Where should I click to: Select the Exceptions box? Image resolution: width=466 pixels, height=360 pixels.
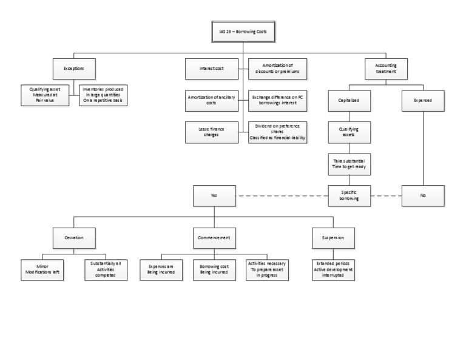pyautogui.click(x=73, y=69)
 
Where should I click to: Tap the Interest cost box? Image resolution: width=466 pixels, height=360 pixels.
pyautogui.click(x=212, y=69)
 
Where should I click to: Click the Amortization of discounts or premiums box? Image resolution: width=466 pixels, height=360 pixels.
pyautogui.click(x=277, y=69)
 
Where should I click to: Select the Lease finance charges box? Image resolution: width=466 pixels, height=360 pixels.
pyautogui.click(x=212, y=132)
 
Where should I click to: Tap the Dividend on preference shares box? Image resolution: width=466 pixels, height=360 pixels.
pyautogui.click(x=277, y=132)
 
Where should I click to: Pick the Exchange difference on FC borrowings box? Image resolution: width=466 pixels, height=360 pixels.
pyautogui.click(x=277, y=100)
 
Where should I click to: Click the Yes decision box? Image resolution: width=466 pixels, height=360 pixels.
pyautogui.click(x=214, y=195)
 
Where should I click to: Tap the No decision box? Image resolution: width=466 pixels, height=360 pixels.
pyautogui.click(x=423, y=195)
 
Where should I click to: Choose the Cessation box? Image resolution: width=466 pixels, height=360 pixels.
pyautogui.click(x=73, y=237)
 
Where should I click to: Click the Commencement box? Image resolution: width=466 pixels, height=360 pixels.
pyautogui.click(x=214, y=237)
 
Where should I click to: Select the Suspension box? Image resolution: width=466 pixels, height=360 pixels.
pyautogui.click(x=333, y=237)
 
